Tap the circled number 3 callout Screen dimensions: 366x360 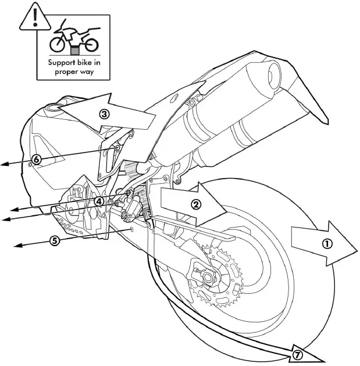click(x=104, y=114)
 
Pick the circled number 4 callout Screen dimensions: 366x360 click(x=99, y=201)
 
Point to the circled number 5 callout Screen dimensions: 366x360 click(x=54, y=240)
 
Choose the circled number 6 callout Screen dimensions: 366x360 click(x=36, y=159)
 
